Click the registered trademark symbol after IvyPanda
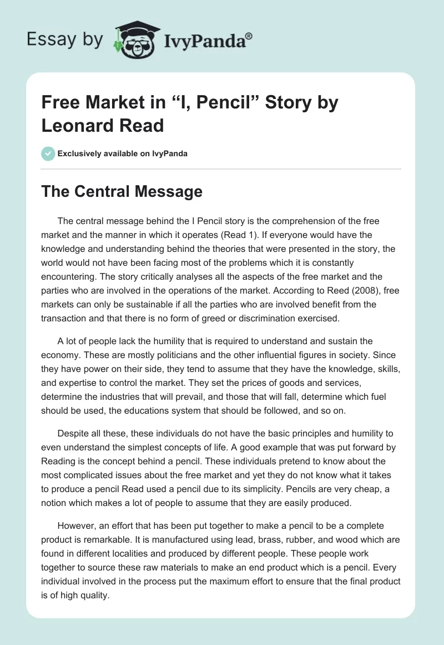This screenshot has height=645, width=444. (x=249, y=35)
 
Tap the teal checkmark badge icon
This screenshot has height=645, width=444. (x=48, y=153)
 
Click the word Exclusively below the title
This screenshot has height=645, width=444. (x=82, y=153)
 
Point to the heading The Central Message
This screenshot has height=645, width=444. (x=122, y=191)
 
